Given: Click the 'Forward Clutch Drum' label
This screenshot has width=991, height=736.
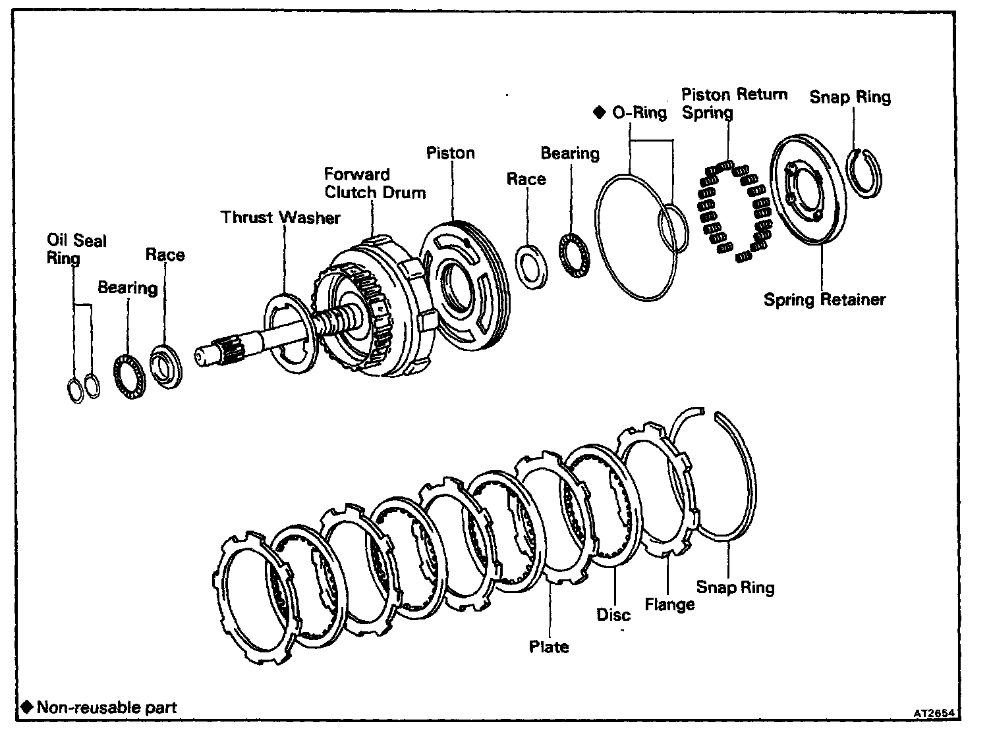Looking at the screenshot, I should point(374,184).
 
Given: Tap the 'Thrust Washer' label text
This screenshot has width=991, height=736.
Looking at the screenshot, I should point(280,217).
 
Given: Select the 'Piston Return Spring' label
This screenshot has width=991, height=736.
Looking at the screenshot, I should point(734,103).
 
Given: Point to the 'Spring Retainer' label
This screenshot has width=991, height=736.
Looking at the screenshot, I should point(824,300).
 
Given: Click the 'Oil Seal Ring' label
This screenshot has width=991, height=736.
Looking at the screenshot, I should point(76,248).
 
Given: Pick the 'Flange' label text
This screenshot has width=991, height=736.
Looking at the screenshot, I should point(669,604).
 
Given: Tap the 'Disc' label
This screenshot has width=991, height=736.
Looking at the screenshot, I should point(613,614).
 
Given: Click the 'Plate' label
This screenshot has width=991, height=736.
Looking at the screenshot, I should point(549,646).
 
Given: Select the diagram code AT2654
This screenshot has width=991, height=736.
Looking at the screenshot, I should point(934,713).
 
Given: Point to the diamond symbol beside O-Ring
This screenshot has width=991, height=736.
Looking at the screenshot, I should point(599,113).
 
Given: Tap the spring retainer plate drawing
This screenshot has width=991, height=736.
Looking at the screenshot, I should point(808,190).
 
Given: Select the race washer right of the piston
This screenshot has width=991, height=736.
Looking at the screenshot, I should point(532,266).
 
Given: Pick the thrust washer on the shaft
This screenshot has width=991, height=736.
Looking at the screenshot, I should point(291,333).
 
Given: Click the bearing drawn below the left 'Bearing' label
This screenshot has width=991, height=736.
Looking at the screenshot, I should point(130,376).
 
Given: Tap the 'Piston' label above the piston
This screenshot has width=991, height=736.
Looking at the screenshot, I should point(450,153).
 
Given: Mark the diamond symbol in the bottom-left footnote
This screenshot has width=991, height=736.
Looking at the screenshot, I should point(27,707).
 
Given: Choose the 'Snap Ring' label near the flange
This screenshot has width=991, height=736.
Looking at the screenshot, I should point(735,587).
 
